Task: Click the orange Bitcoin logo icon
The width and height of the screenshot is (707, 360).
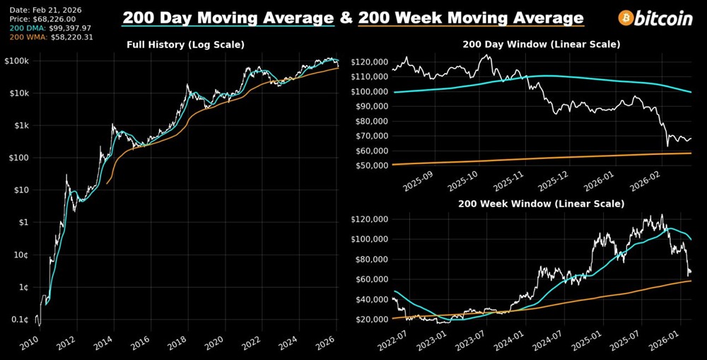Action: [625, 18]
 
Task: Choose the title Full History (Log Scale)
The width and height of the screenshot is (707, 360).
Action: [185, 45]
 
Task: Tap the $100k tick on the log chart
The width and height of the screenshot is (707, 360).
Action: [15, 62]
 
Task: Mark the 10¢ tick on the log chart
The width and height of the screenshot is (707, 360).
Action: [19, 255]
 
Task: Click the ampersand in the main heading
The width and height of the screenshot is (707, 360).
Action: [346, 18]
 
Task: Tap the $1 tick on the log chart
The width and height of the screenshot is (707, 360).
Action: [22, 222]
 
